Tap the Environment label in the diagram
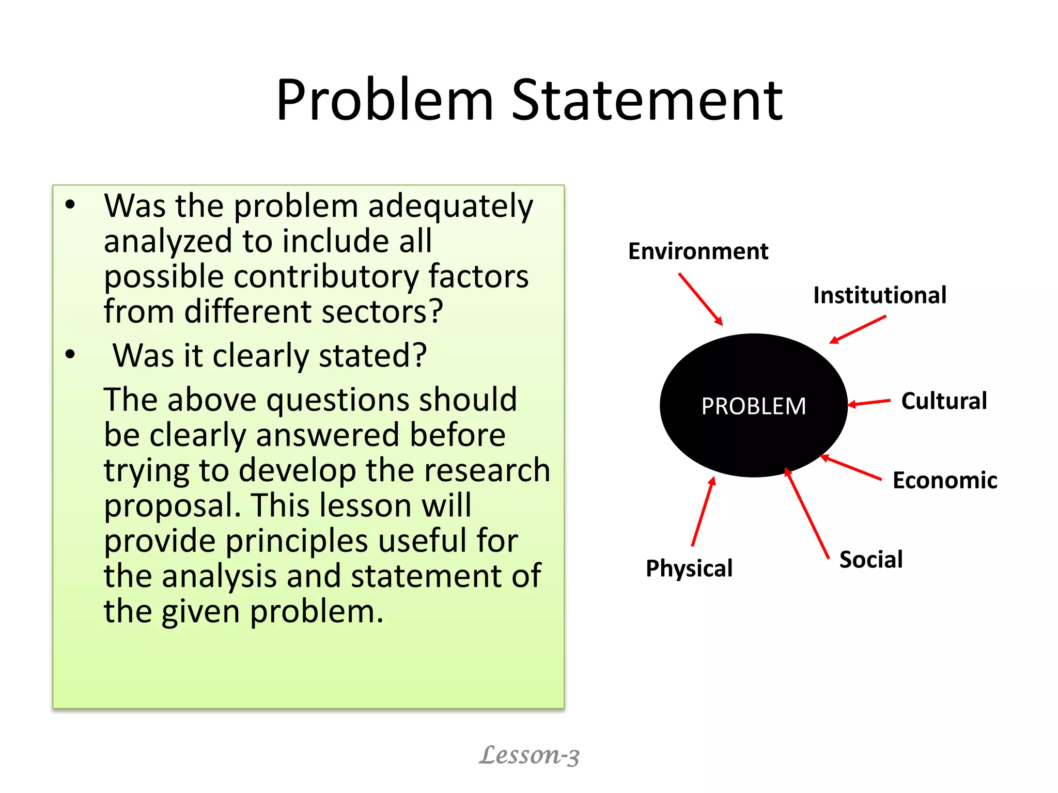pyautogui.click(x=698, y=251)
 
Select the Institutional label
pyautogui.click(x=880, y=295)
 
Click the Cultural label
pyautogui.click(x=944, y=401)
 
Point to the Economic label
pyautogui.click(x=945, y=481)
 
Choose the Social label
pyautogui.click(x=871, y=560)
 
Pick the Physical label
pyautogui.click(x=689, y=568)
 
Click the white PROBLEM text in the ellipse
pyautogui.click(x=753, y=406)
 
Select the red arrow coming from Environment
pyautogui.click(x=701, y=299)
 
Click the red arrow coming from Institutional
pyautogui.click(x=858, y=329)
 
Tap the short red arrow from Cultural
pyautogui.click(x=869, y=403)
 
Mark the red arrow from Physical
pyautogui.click(x=703, y=511)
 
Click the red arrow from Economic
pyautogui.click(x=851, y=468)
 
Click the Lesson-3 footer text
pyautogui.click(x=529, y=755)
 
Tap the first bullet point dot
pyautogui.click(x=70, y=205)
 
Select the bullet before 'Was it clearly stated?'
pyautogui.click(x=70, y=355)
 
